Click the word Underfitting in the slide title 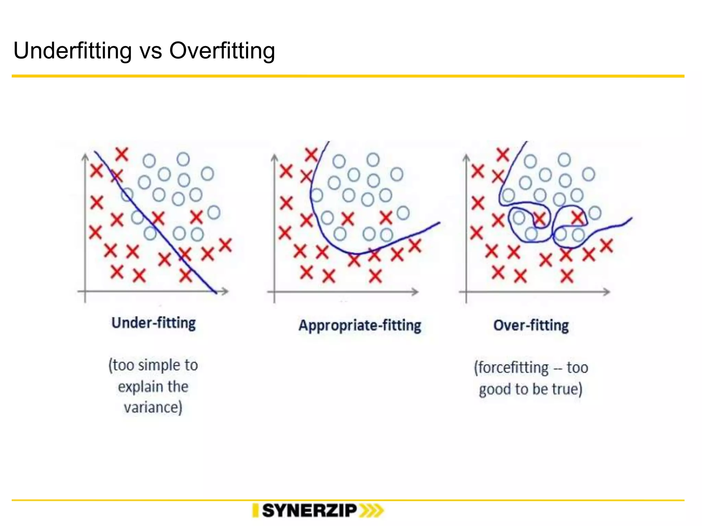(72, 51)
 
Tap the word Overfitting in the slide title (222, 51)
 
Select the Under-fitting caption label (154, 323)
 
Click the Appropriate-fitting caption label (360, 325)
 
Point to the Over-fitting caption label (531, 325)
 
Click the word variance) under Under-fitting (153, 408)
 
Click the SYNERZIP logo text (310, 511)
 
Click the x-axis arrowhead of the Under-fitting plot (225, 291)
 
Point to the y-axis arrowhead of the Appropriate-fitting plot (274, 157)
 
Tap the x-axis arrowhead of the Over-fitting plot (607, 292)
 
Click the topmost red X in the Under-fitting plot (122, 154)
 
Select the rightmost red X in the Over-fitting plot (606, 246)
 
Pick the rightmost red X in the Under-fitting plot (226, 245)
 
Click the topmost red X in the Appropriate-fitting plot (312, 155)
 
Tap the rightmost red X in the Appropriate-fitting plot (415, 246)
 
